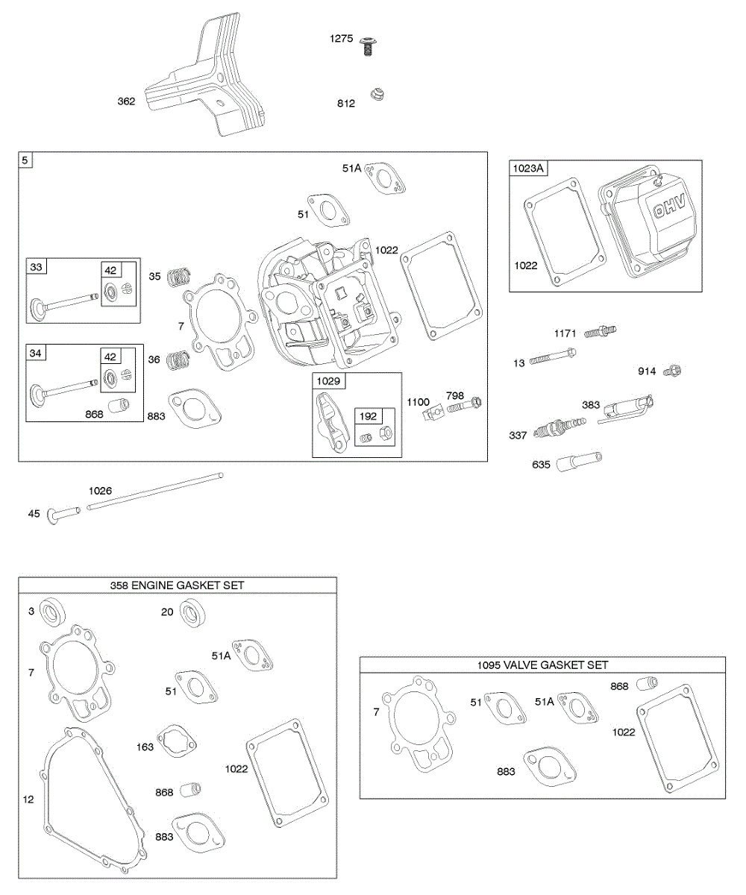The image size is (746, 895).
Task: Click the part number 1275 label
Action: tap(342, 39)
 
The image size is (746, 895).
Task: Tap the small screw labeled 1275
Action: tap(366, 45)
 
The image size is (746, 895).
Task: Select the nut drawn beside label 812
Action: tap(378, 95)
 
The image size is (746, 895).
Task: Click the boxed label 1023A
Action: tap(528, 169)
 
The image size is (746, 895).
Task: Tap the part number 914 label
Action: tap(648, 371)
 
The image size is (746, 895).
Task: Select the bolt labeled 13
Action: tap(553, 360)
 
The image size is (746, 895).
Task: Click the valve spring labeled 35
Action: tap(177, 277)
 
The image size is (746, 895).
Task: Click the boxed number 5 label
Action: tap(26, 160)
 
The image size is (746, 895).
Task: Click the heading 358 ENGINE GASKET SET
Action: tap(177, 585)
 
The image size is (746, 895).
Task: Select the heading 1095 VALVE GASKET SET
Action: tap(542, 665)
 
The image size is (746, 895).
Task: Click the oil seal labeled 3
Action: tap(51, 613)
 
